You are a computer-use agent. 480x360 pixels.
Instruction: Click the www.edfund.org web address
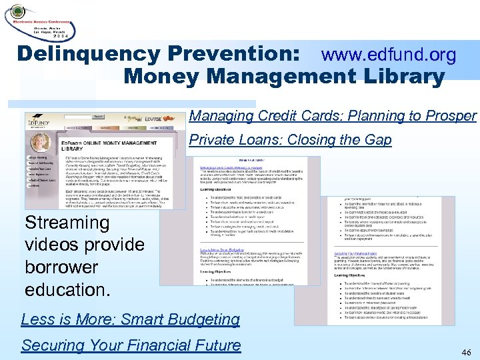tap(389, 55)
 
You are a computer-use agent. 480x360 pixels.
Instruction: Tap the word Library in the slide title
tap(400, 77)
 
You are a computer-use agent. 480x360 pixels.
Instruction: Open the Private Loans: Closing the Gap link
tap(290, 140)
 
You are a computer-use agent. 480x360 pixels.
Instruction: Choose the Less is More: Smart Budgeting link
tap(130, 319)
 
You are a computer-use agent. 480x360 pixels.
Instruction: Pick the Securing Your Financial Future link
tap(131, 345)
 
